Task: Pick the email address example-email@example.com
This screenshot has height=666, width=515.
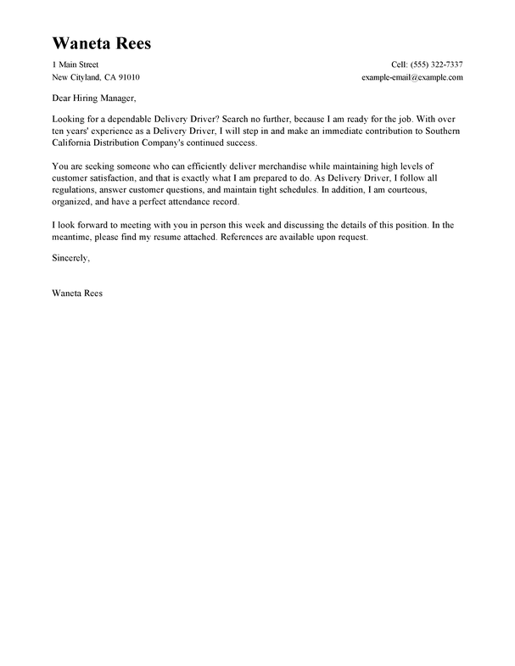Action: pyautogui.click(x=411, y=77)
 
